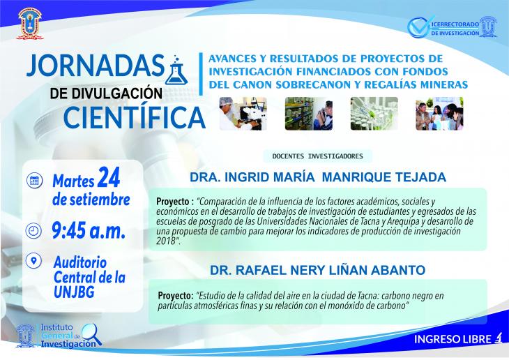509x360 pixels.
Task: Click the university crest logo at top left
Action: pyautogui.click(x=30, y=24)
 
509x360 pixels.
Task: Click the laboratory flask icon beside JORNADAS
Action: pyautogui.click(x=176, y=70)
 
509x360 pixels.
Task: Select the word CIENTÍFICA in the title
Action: pyautogui.click(x=135, y=117)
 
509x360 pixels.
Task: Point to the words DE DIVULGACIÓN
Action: pyautogui.click(x=106, y=93)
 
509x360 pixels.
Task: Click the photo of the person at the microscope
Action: pyautogui.click(x=243, y=114)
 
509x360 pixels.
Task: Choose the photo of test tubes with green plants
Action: pyautogui.click(x=374, y=114)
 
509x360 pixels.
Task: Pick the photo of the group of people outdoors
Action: pyautogui.click(x=439, y=114)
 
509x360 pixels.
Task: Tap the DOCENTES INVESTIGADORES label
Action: pyautogui.click(x=317, y=156)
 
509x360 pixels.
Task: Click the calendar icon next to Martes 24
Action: pyautogui.click(x=34, y=180)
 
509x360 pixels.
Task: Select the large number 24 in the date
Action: pyautogui.click(x=109, y=177)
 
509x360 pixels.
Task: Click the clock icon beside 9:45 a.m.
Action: pyautogui.click(x=33, y=231)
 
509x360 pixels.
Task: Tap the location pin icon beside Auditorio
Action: pyautogui.click(x=33, y=260)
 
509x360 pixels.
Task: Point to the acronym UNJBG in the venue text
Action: pyautogui.click(x=74, y=292)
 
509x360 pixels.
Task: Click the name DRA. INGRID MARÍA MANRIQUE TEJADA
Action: pyautogui.click(x=318, y=177)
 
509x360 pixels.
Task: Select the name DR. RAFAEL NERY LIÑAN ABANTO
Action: pyautogui.click(x=317, y=270)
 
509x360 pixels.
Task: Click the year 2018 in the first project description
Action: pyautogui.click(x=165, y=241)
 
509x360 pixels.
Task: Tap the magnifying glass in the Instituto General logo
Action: pyautogui.click(x=91, y=334)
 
